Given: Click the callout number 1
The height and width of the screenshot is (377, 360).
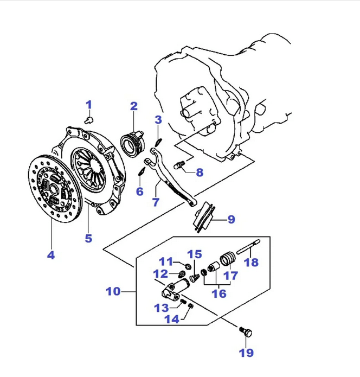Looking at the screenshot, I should point(88,105).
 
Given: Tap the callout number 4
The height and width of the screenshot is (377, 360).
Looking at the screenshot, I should point(50,254).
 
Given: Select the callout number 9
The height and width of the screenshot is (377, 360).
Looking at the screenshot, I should point(231,220).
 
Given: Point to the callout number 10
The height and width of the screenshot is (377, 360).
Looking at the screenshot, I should point(113,291).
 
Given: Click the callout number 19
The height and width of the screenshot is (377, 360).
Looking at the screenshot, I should point(246,353).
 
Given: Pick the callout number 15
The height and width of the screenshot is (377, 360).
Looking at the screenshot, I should point(194,254).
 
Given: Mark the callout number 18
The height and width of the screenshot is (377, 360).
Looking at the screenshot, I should point(252,263).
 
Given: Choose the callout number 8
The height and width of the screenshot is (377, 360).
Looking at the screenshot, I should point(200,173).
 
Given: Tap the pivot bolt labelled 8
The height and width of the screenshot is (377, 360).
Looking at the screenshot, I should point(179,163).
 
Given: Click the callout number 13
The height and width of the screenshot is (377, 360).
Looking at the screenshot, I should point(161,308).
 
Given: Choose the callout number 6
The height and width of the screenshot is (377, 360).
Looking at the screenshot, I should point(139,191).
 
